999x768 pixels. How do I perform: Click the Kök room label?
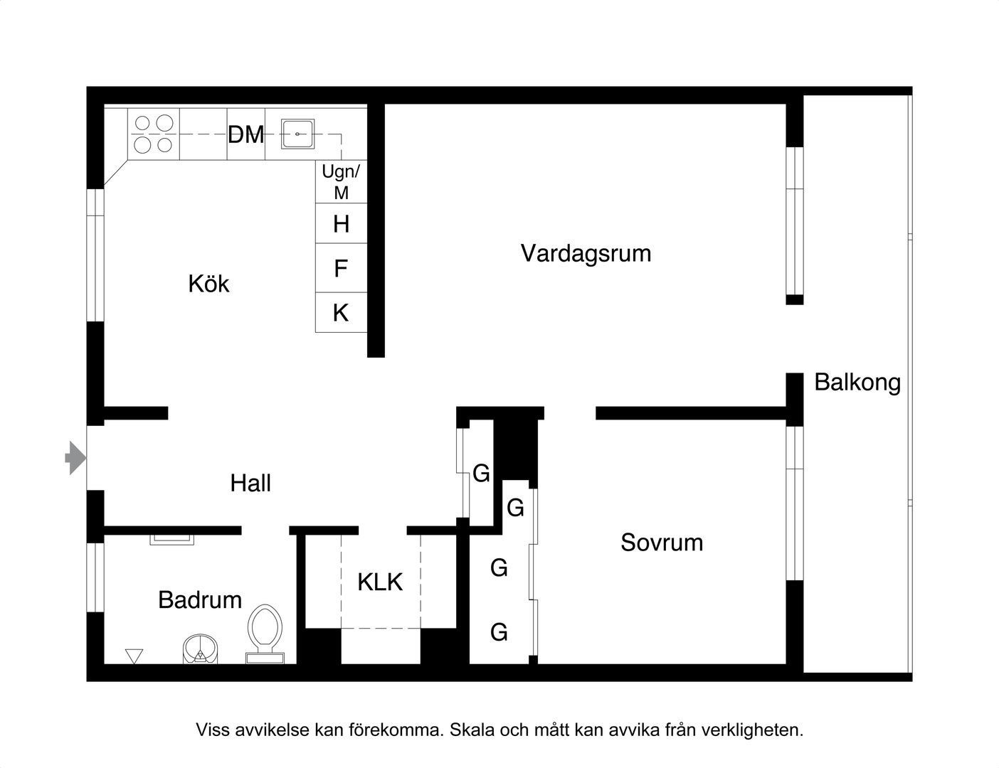208,284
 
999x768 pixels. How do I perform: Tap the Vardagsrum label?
586,253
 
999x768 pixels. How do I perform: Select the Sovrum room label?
662,543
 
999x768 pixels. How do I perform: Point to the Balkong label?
857,383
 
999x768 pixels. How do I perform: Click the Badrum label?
200,600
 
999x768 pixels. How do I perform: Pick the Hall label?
250,484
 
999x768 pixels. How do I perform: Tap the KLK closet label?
380,582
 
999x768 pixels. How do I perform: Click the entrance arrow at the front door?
74,458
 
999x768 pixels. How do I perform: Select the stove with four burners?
154,134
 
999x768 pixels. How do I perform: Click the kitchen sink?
297,134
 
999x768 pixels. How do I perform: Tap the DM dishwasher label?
246,134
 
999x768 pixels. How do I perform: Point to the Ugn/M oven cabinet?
342,182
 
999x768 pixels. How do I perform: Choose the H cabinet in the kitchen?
342,224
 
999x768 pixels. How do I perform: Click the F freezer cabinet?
342,269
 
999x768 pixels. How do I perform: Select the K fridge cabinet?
342,313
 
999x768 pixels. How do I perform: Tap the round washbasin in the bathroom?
201,649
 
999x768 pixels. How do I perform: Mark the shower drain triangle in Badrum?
134,656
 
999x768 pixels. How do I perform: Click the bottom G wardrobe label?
499,631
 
